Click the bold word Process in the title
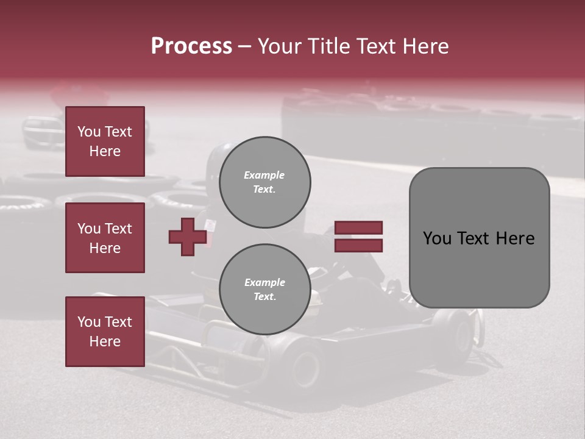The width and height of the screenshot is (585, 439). coord(191,46)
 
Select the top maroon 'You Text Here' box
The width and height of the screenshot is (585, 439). coord(105,141)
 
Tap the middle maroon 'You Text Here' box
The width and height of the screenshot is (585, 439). coord(105,238)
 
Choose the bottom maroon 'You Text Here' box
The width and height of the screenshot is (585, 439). coord(105,332)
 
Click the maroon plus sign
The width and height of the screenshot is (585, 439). coord(188,237)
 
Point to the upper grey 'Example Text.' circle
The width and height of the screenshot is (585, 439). coord(264,182)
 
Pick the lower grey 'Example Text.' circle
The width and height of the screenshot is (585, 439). coord(264,290)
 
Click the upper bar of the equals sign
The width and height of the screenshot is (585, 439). coord(358,227)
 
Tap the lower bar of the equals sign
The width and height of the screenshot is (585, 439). coord(358,245)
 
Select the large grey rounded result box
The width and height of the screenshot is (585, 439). coord(479,238)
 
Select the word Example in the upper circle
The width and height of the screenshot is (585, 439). coord(264,175)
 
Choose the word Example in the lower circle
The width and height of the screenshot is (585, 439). coord(264,282)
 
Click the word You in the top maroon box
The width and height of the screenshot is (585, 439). coord(89,132)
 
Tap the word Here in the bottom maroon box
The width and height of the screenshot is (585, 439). coord(105,341)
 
